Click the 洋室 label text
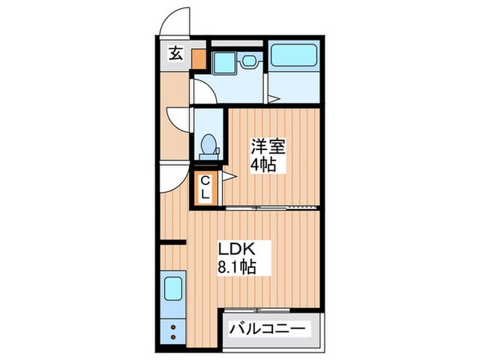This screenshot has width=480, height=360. (x=267, y=147)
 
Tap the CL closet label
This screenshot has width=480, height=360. (x=206, y=187)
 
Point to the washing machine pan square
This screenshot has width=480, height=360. (x=224, y=62)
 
